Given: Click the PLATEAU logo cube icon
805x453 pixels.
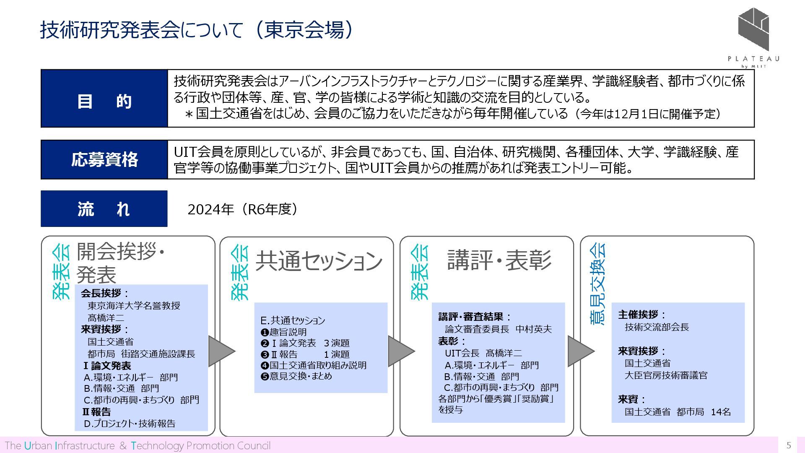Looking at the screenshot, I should pos(753,29).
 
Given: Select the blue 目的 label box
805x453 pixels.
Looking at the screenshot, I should pos(104,99).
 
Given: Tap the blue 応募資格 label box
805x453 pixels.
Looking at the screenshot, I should pos(104,160).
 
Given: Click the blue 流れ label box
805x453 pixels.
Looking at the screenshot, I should pos(104,209).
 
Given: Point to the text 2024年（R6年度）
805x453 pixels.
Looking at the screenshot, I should pos(243,209).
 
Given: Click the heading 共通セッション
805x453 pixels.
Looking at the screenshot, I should pos(319,260).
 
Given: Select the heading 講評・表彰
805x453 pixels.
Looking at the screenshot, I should pos(499,260).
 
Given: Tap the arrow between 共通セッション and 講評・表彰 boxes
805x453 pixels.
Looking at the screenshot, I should pos(400,351).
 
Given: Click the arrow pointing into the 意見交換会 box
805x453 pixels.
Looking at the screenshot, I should pos(580,351).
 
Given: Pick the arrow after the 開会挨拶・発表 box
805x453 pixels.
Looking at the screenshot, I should pos(221,351).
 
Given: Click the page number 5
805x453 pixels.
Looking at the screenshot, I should pos(789,445).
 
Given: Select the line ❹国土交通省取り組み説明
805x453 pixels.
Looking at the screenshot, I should pos(313,365).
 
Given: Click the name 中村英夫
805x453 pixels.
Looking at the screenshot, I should pos(533,329).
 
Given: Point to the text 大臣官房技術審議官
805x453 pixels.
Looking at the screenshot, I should pos(666,375).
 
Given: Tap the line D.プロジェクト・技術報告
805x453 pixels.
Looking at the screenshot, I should pos(130,424).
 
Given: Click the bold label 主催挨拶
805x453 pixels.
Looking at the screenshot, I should pos(638,315).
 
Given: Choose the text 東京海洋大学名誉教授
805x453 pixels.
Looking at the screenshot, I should pos(134,306).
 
